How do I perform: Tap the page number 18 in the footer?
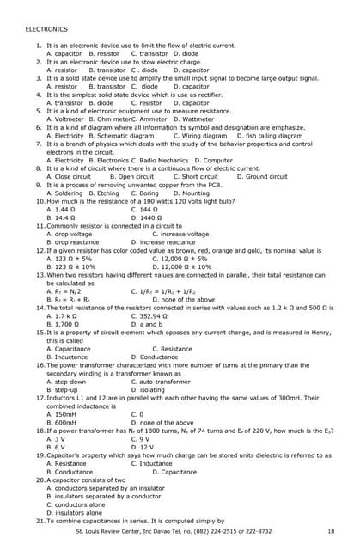pos(330,532)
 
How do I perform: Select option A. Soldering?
pos(65,193)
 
